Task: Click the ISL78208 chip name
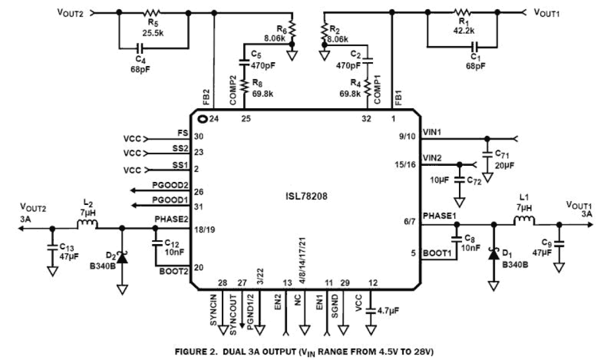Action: pos(307,198)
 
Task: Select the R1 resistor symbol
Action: pos(461,14)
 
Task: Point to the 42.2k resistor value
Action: pos(464,31)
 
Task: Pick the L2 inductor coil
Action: pos(88,225)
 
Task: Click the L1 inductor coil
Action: pos(524,221)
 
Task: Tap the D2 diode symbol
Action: pos(122,257)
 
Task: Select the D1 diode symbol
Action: pos(494,255)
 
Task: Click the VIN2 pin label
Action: pos(433,158)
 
